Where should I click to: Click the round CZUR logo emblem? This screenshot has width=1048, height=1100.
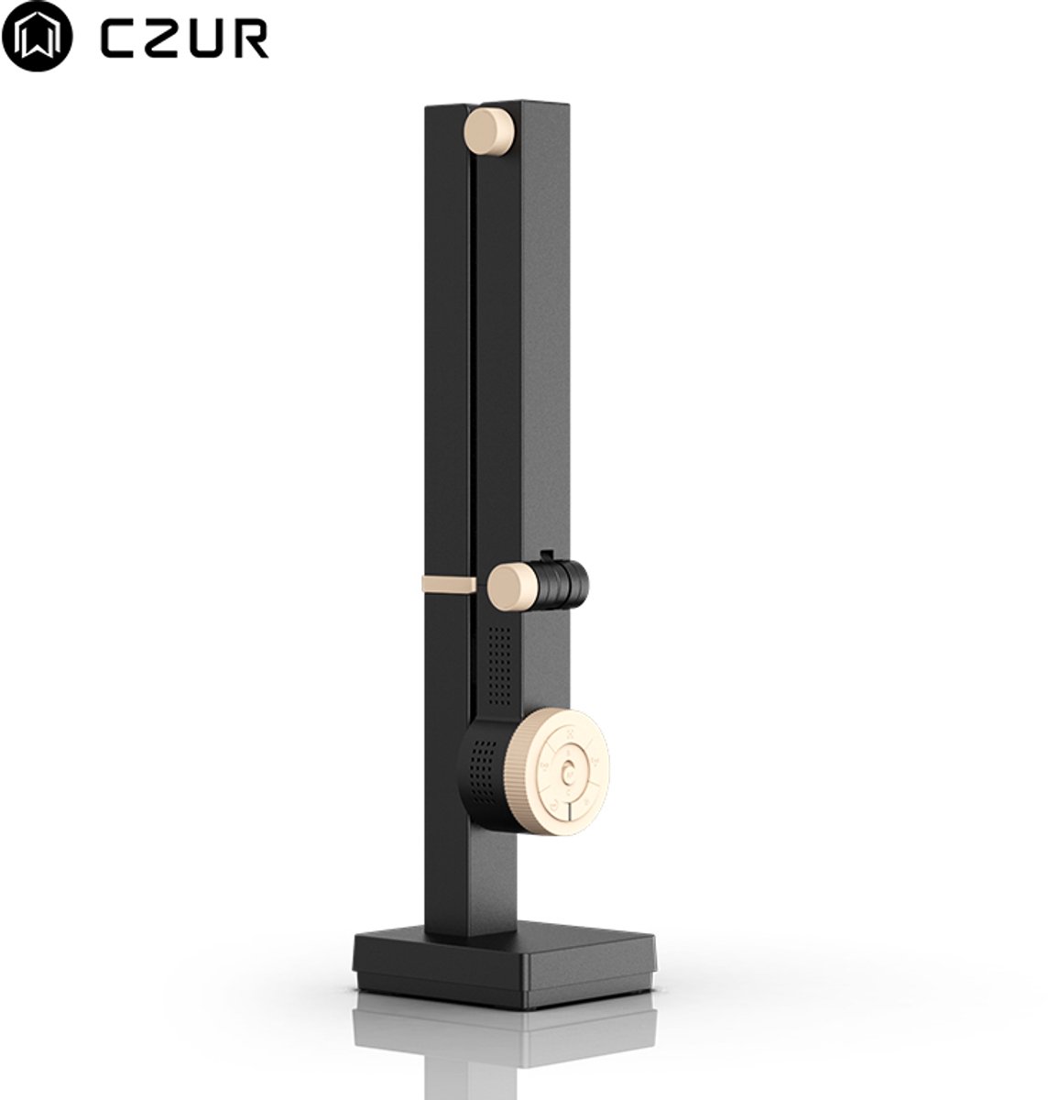click(x=37, y=36)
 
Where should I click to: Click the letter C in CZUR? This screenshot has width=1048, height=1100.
click(x=119, y=38)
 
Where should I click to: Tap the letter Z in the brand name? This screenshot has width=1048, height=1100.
click(x=162, y=38)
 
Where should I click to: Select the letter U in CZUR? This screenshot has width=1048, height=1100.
click(x=205, y=38)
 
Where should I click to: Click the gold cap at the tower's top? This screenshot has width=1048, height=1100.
click(x=489, y=131)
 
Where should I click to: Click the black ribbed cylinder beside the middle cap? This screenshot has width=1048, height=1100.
click(x=563, y=585)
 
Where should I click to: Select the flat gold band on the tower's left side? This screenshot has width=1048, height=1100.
click(x=449, y=584)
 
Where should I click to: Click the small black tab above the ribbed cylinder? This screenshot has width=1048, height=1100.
click(x=546, y=555)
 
